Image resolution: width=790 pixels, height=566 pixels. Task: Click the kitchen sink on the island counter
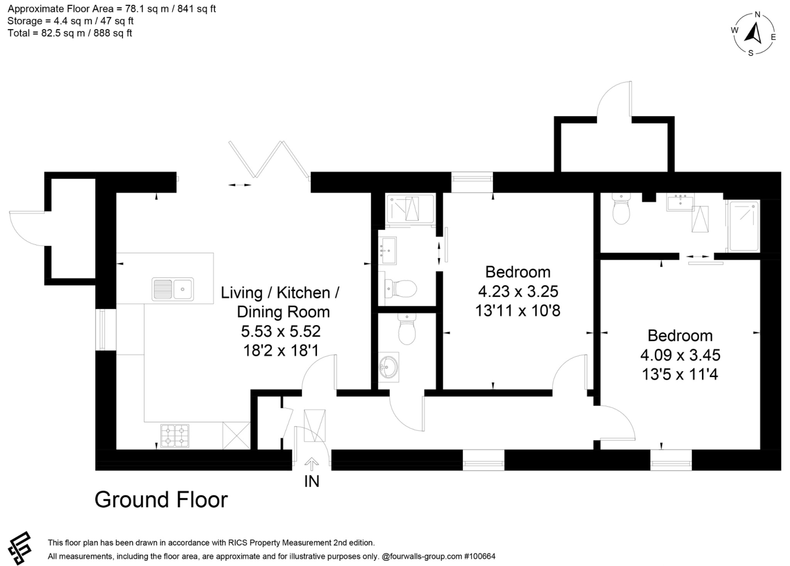click(x=173, y=289)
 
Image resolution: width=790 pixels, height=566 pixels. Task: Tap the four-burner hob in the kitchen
click(x=175, y=436)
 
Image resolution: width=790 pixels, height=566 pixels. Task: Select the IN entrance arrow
click(x=312, y=464)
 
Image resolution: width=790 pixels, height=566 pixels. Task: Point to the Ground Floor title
click(x=161, y=500)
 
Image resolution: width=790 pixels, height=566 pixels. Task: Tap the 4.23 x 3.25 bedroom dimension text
click(x=518, y=291)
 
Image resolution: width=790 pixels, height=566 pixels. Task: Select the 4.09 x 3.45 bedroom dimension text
click(x=680, y=355)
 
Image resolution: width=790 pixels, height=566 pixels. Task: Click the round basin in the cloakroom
click(x=388, y=367)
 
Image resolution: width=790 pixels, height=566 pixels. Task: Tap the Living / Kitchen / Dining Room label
click(x=280, y=302)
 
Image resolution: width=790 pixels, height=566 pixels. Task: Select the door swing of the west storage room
click(x=27, y=230)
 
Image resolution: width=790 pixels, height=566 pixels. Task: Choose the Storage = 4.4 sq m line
click(x=70, y=21)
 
